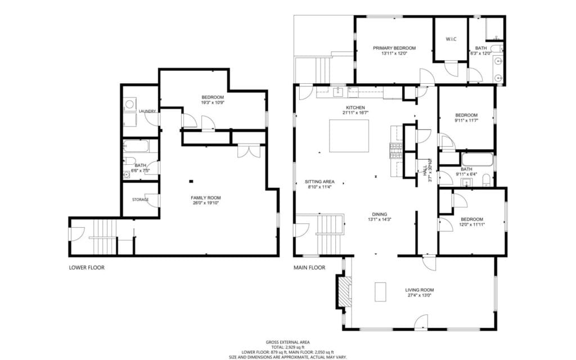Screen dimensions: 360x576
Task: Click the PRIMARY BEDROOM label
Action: pyautogui.click(x=394, y=48)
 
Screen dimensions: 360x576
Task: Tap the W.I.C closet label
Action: pyautogui.click(x=451, y=39)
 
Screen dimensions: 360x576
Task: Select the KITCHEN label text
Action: pyautogui.click(x=355, y=107)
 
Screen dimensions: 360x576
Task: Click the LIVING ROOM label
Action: pyautogui.click(x=419, y=290)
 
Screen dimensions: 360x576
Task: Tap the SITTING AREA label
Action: pyautogui.click(x=319, y=182)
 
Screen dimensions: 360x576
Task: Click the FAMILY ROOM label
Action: pyautogui.click(x=205, y=197)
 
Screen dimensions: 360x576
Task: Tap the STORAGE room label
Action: pyautogui.click(x=140, y=200)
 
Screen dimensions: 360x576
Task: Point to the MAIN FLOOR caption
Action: pyautogui.click(x=309, y=268)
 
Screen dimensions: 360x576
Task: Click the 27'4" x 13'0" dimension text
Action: pyautogui.click(x=419, y=296)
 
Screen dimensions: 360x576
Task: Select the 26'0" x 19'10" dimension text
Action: pyautogui.click(x=205, y=203)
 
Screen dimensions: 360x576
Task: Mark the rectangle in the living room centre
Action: pyautogui.click(x=381, y=292)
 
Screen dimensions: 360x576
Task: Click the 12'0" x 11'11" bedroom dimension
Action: pyautogui.click(x=472, y=224)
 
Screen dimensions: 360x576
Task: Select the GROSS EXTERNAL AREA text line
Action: pyautogui.click(x=287, y=342)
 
